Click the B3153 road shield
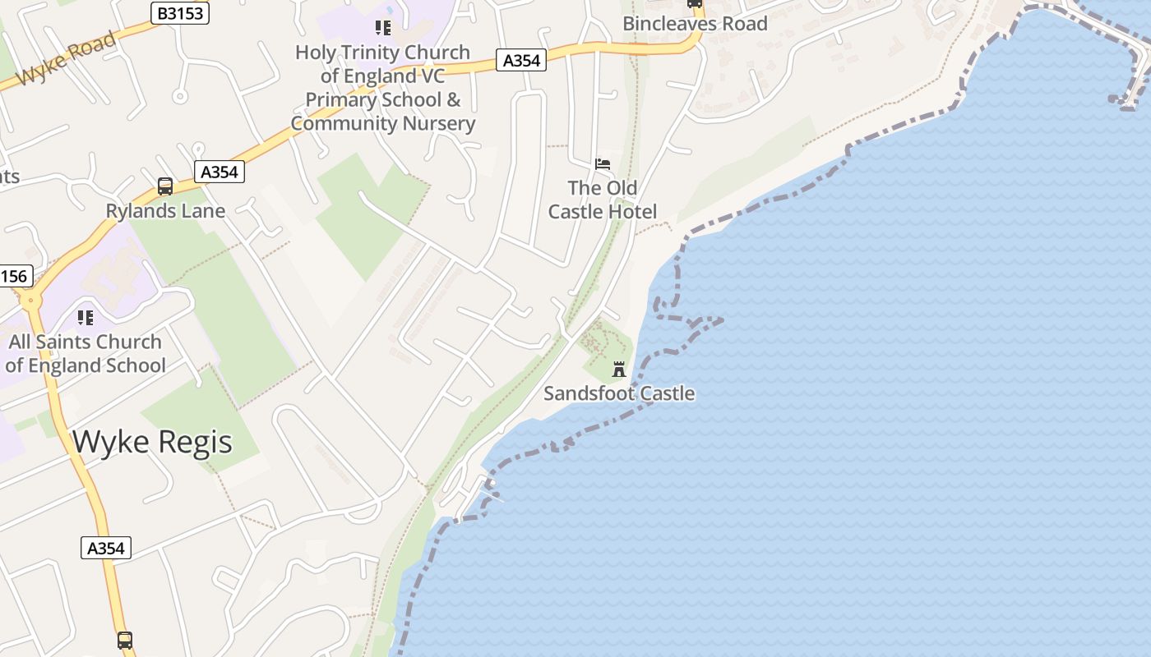(180, 13)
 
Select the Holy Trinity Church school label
(382, 88)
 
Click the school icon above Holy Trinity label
(382, 28)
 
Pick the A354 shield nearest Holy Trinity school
(521, 60)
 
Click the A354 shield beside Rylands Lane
(220, 172)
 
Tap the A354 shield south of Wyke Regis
(106, 548)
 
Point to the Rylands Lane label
(165, 211)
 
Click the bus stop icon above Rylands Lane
(165, 186)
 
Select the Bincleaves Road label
(695, 24)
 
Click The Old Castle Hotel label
(603, 200)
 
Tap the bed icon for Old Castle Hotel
(603, 164)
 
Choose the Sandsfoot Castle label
(619, 393)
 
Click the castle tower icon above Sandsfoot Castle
(619, 370)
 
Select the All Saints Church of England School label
(86, 353)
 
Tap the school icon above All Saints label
(86, 317)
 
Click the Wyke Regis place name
(153, 442)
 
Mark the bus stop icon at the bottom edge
(125, 640)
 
